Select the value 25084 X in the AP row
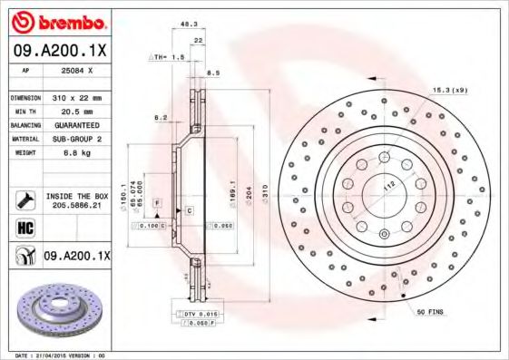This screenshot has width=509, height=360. [76, 69]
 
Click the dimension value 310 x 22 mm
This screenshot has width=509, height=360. [76, 97]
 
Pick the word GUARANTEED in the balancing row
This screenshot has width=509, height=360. [77, 124]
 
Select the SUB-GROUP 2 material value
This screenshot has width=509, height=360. [77, 139]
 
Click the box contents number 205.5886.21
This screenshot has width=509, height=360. [78, 205]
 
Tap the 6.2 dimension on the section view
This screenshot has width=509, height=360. [160, 118]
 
